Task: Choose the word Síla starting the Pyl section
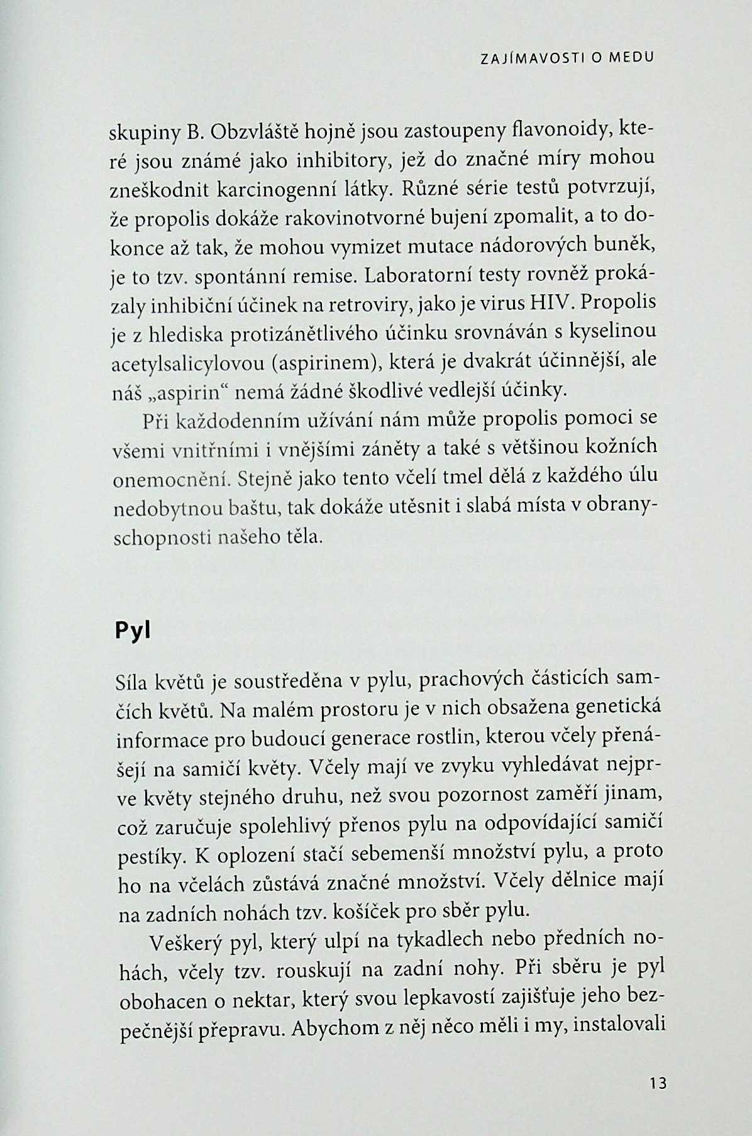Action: pos(133,681)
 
